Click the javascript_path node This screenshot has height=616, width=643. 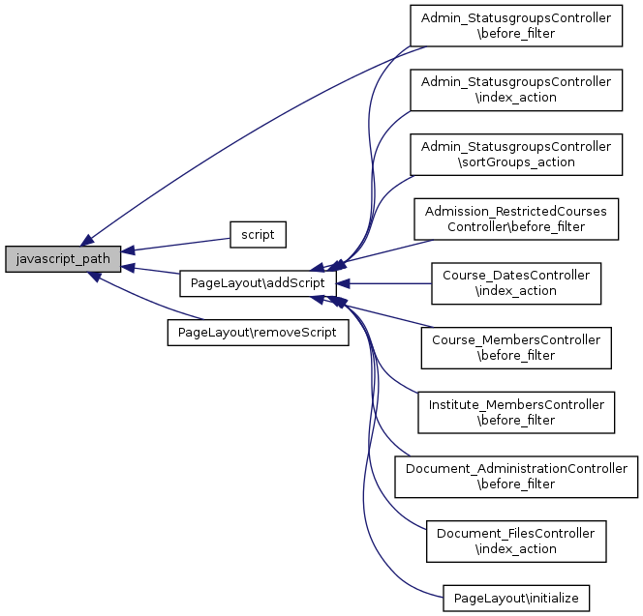(x=64, y=259)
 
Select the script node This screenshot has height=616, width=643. (x=258, y=234)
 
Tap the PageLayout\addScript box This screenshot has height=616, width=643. (x=258, y=283)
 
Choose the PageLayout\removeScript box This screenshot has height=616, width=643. (x=258, y=332)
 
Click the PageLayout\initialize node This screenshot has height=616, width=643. (x=515, y=599)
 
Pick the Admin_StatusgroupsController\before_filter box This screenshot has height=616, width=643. (x=515, y=25)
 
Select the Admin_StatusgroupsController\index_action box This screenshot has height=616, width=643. (x=515, y=90)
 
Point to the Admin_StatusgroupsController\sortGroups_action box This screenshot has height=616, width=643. (x=515, y=154)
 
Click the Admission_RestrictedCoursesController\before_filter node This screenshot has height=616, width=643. (x=515, y=219)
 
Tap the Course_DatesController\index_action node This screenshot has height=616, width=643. (x=515, y=283)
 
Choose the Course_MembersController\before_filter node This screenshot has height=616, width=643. (x=515, y=347)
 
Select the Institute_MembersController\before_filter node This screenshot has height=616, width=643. (x=515, y=412)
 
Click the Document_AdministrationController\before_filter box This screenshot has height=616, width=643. (x=515, y=476)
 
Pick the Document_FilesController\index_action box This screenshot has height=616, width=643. (x=515, y=541)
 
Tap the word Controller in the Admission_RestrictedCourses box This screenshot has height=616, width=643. (x=478, y=226)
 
